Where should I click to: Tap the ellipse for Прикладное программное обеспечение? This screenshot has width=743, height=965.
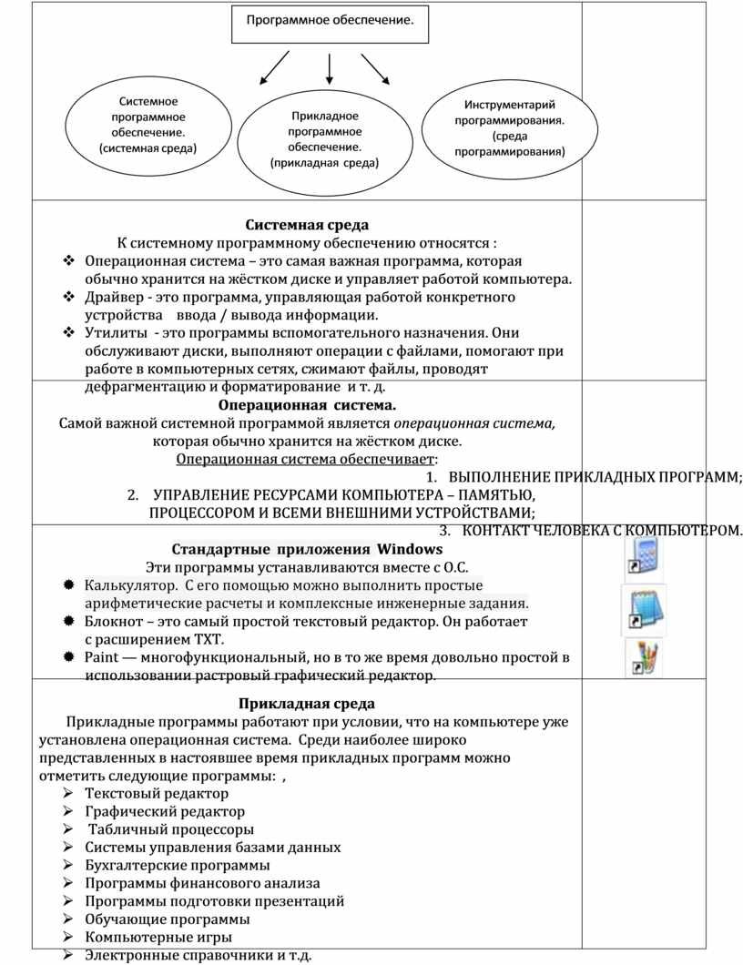point(325,139)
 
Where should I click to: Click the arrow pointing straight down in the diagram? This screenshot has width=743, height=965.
point(329,71)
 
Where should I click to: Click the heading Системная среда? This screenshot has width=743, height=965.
point(307,225)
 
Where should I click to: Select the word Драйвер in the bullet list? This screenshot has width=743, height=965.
point(108,297)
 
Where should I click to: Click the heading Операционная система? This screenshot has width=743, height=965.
point(308,405)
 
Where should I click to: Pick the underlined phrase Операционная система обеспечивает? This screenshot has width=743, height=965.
point(305,459)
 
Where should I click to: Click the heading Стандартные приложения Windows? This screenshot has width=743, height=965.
point(307,549)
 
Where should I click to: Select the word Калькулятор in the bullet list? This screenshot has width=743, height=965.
point(127,584)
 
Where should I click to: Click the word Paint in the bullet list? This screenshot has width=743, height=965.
point(99,657)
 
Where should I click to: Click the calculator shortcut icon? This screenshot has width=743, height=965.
point(643,554)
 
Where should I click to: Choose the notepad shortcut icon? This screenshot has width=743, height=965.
point(643,607)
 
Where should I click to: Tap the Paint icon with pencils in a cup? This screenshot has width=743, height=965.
point(645,657)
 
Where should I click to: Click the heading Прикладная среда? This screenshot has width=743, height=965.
point(307,704)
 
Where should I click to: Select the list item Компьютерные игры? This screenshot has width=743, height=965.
point(158,937)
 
